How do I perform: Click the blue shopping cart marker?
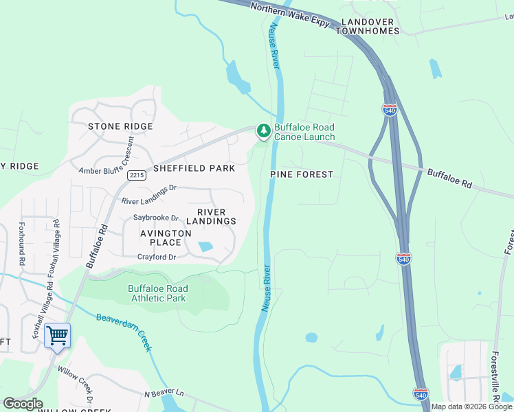pyautogui.click(x=58, y=336)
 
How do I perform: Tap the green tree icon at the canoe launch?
pyautogui.click(x=262, y=130)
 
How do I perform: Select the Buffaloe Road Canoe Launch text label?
pyautogui.click(x=304, y=132)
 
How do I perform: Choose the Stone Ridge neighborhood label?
pyautogui.click(x=120, y=126)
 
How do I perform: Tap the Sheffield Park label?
pyautogui.click(x=194, y=168)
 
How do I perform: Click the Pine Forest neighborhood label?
pyautogui.click(x=301, y=174)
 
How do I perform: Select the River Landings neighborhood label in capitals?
pyautogui.click(x=216, y=216)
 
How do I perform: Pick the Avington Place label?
pyautogui.click(x=166, y=238)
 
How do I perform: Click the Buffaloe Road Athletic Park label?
pyautogui.click(x=157, y=293)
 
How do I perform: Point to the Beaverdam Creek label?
pyautogui.click(x=124, y=333)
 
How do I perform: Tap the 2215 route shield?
pyautogui.click(x=136, y=175)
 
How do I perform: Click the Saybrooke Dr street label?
pyautogui.click(x=156, y=218)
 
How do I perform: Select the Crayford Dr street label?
pyautogui.click(x=157, y=257)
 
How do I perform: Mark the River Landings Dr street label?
pyautogui.click(x=149, y=194)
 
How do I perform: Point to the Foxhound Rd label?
pyautogui.click(x=21, y=243)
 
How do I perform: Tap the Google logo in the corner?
pyautogui.click(x=23, y=404)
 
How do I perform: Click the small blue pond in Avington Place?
pyautogui.click(x=205, y=247)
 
